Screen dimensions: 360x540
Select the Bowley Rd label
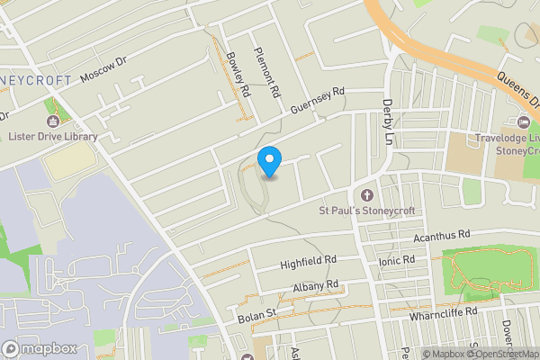pos(238,72)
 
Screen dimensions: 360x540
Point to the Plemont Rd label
pos(266,72)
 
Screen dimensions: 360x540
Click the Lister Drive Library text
pos(52,137)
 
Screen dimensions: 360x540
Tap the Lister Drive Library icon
pos(52,121)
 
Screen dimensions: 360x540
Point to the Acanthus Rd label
pos(442,236)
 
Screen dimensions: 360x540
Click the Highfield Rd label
pos(308,261)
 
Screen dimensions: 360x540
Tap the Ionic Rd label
pos(397,260)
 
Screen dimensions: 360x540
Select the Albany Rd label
pos(315,286)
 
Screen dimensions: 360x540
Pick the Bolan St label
pos(256,316)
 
